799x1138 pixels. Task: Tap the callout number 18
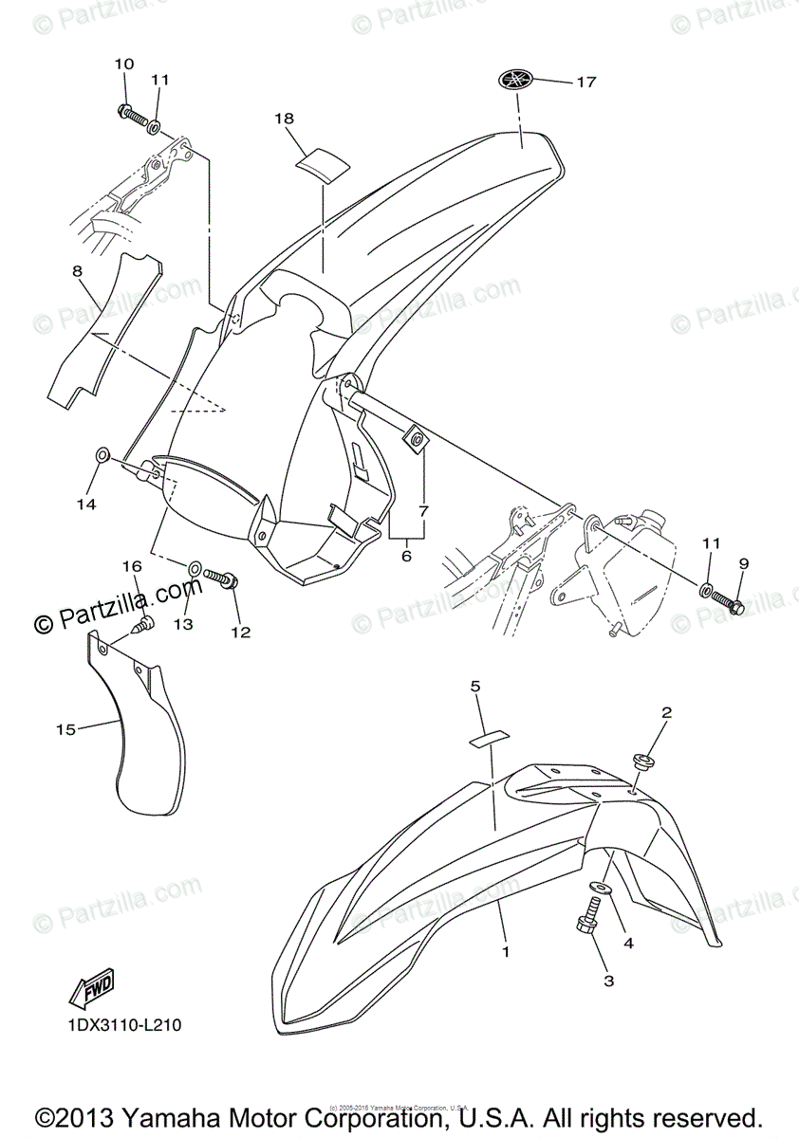click(284, 119)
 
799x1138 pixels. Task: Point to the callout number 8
click(77, 271)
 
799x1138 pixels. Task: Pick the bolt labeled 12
click(222, 576)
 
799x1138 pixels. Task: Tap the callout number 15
click(65, 729)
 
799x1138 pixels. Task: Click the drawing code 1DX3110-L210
click(123, 1025)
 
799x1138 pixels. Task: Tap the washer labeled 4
click(600, 889)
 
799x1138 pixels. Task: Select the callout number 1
click(506, 949)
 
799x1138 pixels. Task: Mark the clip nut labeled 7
click(416, 438)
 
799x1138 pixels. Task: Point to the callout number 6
click(406, 556)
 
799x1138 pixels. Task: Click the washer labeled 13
click(194, 568)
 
